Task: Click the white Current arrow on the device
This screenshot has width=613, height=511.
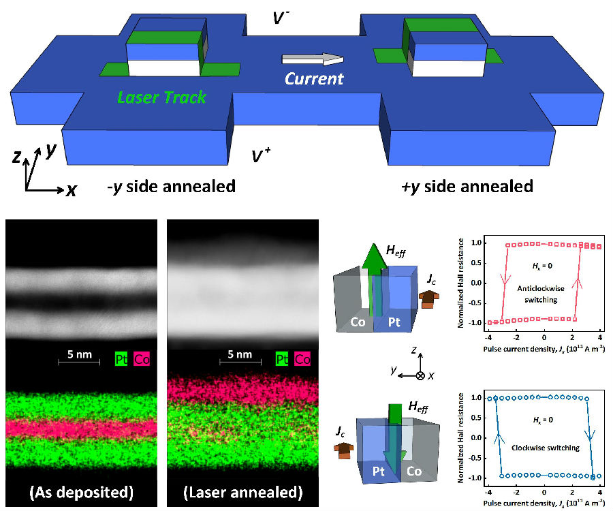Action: (313, 59)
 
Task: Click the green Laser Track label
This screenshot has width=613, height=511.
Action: (161, 97)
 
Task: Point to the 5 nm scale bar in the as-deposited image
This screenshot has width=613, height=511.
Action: (79, 359)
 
